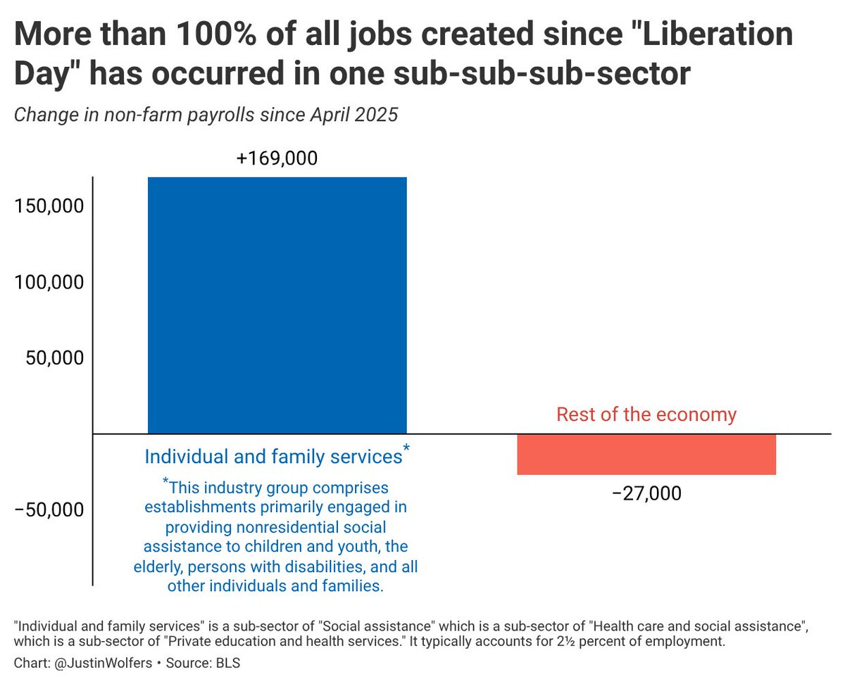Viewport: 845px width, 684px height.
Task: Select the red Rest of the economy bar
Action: pos(646,455)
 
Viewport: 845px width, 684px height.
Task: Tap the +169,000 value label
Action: pos(277,158)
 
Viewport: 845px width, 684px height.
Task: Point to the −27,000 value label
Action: pos(646,493)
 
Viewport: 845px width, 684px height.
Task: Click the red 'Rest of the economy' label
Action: pos(646,414)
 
